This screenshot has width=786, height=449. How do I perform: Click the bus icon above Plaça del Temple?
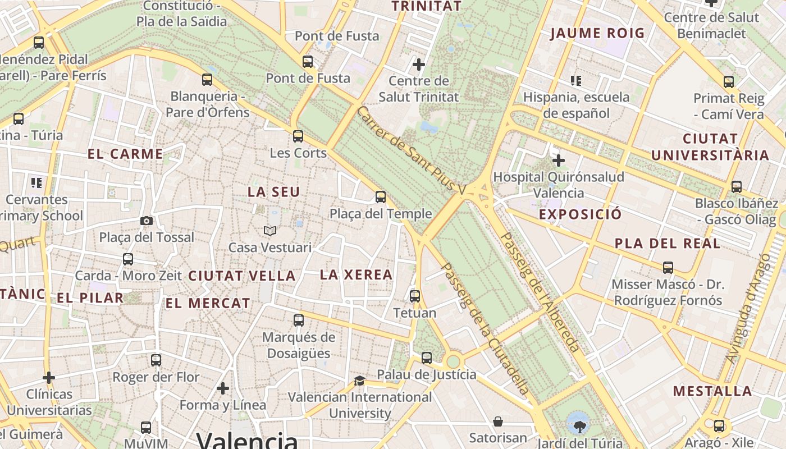click(x=381, y=197)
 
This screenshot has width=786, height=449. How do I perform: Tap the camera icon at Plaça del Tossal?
click(x=147, y=221)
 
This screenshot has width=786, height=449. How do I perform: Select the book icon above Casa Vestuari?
click(x=270, y=231)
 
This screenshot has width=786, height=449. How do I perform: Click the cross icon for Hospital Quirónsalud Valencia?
click(x=558, y=161)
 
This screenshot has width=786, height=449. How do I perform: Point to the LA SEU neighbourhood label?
click(x=274, y=192)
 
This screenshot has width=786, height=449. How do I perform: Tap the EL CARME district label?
click(x=125, y=154)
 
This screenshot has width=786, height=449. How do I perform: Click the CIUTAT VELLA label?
click(x=241, y=276)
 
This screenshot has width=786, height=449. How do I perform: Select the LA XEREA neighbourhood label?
click(x=356, y=274)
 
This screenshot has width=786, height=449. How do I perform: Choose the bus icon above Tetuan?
click(x=415, y=296)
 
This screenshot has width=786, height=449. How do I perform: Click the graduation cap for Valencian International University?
click(x=359, y=381)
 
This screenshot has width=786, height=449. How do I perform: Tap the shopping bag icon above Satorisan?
click(x=498, y=421)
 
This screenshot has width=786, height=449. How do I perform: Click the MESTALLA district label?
click(x=712, y=391)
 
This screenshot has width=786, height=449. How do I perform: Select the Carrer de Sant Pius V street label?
click(x=411, y=150)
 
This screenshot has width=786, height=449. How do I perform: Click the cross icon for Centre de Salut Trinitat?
click(x=419, y=65)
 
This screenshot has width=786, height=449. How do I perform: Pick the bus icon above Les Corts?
click(x=298, y=136)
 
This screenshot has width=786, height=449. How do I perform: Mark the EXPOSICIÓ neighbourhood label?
click(x=581, y=214)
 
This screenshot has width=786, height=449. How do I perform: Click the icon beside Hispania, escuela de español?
click(x=575, y=81)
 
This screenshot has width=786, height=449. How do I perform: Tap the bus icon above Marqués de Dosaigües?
click(x=299, y=320)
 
